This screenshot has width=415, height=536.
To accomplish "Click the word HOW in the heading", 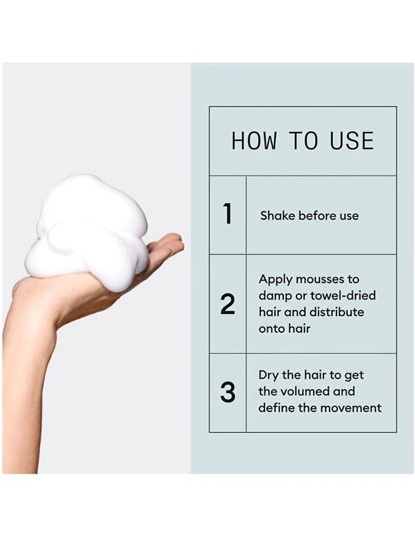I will pos(254,141).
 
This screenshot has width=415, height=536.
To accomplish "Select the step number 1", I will pos(227,215).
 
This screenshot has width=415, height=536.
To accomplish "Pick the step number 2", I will pos(227,304).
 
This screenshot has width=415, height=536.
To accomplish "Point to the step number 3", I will pos(227,392).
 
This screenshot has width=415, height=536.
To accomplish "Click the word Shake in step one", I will pos(277,216).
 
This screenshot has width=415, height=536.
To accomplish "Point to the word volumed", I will pos(317,391).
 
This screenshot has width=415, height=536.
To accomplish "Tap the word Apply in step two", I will pos(276,279).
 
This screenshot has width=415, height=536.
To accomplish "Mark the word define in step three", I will pos(276,408).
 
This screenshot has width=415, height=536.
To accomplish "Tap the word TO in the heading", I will pos(303,141).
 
